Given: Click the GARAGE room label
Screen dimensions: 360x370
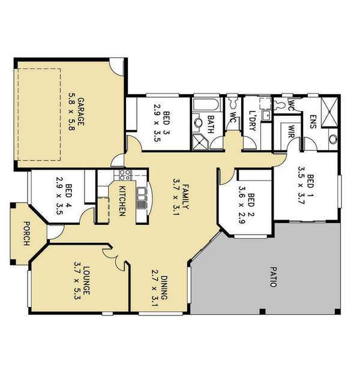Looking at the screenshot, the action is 81,112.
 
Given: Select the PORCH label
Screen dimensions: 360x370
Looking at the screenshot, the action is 27,233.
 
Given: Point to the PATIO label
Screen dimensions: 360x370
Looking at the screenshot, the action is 273,277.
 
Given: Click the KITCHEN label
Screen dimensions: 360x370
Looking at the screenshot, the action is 122,201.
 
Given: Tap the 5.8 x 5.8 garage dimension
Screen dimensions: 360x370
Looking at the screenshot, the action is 71,112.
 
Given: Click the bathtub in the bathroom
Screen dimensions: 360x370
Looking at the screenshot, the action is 206,104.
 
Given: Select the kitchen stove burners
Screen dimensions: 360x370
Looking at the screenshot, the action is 125,175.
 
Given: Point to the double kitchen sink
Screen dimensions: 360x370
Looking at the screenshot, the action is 142,198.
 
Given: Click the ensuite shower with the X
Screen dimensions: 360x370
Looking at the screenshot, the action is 330,112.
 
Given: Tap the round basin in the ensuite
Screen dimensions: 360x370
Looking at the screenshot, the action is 333,139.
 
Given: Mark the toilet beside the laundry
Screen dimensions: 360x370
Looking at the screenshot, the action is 233,103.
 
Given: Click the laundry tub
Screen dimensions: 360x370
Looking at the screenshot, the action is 267,115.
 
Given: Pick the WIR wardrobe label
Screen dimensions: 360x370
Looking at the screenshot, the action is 292,131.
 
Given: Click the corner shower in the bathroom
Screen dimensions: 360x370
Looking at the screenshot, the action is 199,142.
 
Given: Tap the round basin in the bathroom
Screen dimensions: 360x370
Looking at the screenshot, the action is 198,123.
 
